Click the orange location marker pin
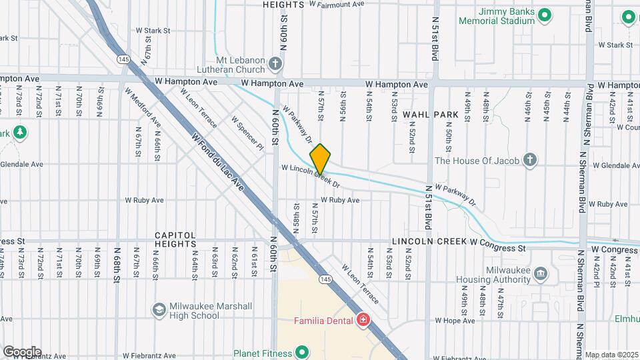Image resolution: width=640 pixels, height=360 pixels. (x=320, y=159)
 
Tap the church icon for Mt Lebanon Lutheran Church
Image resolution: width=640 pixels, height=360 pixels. (x=275, y=65)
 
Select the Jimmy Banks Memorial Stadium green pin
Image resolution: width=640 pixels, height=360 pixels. (x=545, y=15)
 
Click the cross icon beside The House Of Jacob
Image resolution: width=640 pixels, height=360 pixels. (x=529, y=160)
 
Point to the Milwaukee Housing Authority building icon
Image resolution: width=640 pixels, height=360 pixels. (x=541, y=273)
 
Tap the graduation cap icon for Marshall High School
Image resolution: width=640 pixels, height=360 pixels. (x=159, y=310)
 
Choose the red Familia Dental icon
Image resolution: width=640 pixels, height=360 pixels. (x=363, y=321)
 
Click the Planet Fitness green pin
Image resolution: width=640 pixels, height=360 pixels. (x=302, y=353)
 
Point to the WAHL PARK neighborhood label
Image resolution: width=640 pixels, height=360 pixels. (x=431, y=115)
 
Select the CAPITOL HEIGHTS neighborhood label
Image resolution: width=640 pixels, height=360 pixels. (x=175, y=239)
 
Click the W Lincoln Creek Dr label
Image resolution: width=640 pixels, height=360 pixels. (x=311, y=176)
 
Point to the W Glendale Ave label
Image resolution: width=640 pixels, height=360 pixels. (x=21, y=164)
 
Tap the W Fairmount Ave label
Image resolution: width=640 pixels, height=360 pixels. (x=337, y=4)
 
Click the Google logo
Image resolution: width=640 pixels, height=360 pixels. (x=22, y=351)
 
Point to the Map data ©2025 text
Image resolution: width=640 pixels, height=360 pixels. (x=611, y=355)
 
